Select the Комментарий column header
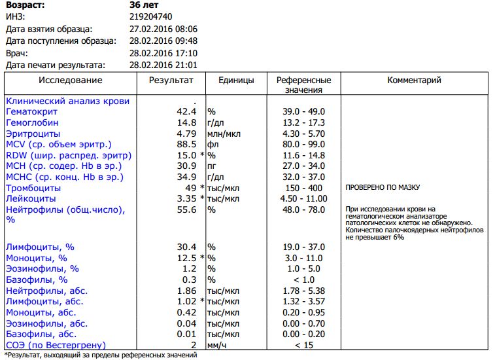pyautogui.click(x=414, y=81)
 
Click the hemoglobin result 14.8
pyautogui.click(x=186, y=122)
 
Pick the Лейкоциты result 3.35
pyautogui.click(x=186, y=198)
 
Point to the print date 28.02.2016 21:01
pyautogui.click(x=163, y=65)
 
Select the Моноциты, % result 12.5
pyautogui.click(x=186, y=258)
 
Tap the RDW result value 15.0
pyautogui.click(x=186, y=155)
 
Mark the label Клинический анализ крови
pyautogui.click(x=67, y=101)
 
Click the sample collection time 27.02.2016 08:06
pyautogui.click(x=163, y=29)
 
